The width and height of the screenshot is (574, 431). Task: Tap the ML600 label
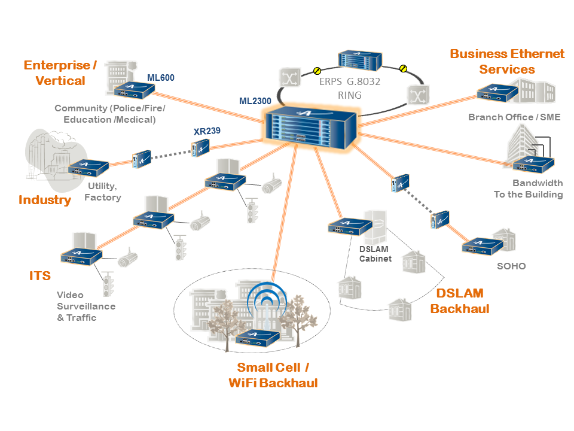tap(161, 77)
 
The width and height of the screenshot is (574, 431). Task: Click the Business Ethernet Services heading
tap(507, 62)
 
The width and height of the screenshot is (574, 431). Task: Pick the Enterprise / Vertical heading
tap(60, 72)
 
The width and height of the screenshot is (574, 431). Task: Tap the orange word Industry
tap(45, 200)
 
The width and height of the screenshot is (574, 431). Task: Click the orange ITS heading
tap(40, 276)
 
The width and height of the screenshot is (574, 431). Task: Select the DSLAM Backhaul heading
tap(460, 301)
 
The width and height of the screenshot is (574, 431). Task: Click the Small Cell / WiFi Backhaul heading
tap(273, 375)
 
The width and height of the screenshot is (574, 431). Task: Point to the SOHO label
tap(511, 266)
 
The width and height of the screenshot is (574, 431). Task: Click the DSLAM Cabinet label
tap(375, 254)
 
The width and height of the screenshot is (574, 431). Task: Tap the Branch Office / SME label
tap(514, 117)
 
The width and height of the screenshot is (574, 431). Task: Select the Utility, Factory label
tap(103, 192)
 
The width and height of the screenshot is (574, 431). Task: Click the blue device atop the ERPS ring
tap(359, 60)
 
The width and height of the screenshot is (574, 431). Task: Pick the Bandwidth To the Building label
tap(529, 189)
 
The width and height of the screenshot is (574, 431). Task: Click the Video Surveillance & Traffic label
tap(86, 306)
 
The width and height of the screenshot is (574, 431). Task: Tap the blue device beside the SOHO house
tap(481, 246)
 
